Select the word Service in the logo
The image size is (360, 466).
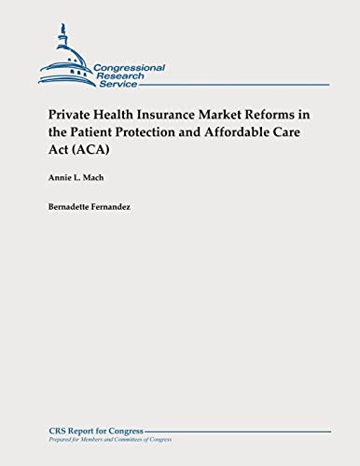117,85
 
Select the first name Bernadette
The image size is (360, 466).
75,200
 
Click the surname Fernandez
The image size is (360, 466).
128,200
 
